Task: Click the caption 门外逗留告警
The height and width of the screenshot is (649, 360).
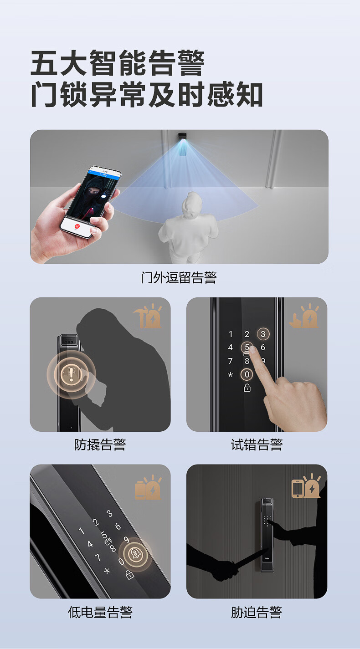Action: [x=179, y=277]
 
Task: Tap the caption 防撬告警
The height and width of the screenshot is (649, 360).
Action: [x=100, y=445]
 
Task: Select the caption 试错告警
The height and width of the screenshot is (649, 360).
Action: [x=257, y=445]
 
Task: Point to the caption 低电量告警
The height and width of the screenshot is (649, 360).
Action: [x=100, y=612]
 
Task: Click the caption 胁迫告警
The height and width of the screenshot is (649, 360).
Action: [x=257, y=612]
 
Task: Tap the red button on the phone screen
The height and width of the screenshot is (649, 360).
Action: [x=77, y=226]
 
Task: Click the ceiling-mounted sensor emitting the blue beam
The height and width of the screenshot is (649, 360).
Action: [x=182, y=136]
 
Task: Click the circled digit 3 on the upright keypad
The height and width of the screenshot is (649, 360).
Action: [x=263, y=334]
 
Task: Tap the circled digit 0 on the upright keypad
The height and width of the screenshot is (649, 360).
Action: [x=247, y=375]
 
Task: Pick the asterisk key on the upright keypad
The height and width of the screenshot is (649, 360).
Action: [x=230, y=375]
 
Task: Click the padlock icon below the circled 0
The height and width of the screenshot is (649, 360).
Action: [x=247, y=388]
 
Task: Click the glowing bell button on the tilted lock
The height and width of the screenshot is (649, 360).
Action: [x=135, y=554]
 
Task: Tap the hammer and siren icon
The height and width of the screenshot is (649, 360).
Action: [x=148, y=316]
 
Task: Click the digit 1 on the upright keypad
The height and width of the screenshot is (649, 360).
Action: [x=231, y=334]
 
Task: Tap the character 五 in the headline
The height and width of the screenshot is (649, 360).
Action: [x=45, y=63]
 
